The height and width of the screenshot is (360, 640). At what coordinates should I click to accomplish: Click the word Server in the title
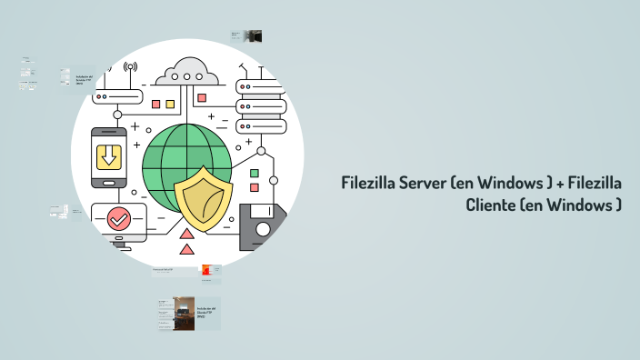coord(420,184)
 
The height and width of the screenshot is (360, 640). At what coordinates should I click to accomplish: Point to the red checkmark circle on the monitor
coord(117,219)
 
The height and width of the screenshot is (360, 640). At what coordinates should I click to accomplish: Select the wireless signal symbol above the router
coord(130,67)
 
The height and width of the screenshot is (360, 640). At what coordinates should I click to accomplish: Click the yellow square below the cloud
coord(170,105)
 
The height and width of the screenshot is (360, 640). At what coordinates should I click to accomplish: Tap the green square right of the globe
coord(255,173)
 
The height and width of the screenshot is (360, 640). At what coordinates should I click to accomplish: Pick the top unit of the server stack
coord(261,87)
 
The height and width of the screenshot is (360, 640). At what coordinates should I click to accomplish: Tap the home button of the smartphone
coord(109,181)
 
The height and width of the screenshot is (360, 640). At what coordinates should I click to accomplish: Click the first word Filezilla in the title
coord(368,184)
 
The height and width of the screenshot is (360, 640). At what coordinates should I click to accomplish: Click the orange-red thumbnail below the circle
coord(208,270)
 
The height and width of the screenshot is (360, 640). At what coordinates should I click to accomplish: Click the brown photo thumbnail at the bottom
coord(183,314)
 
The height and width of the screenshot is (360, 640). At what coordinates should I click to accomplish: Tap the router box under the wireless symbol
coord(118,95)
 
